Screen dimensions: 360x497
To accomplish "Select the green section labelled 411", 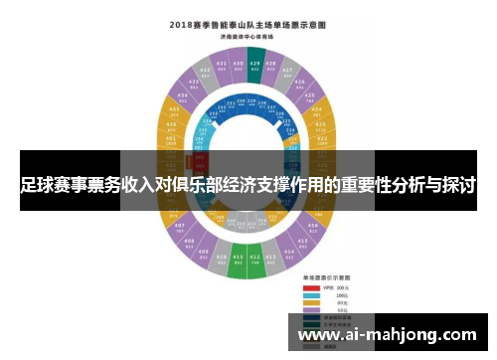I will click(x=238, y=262).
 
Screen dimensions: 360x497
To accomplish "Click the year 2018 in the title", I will click(x=188, y=22).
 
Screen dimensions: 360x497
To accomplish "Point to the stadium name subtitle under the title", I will click(x=248, y=35).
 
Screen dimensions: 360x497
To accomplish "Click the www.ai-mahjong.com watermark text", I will click(x=387, y=336).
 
